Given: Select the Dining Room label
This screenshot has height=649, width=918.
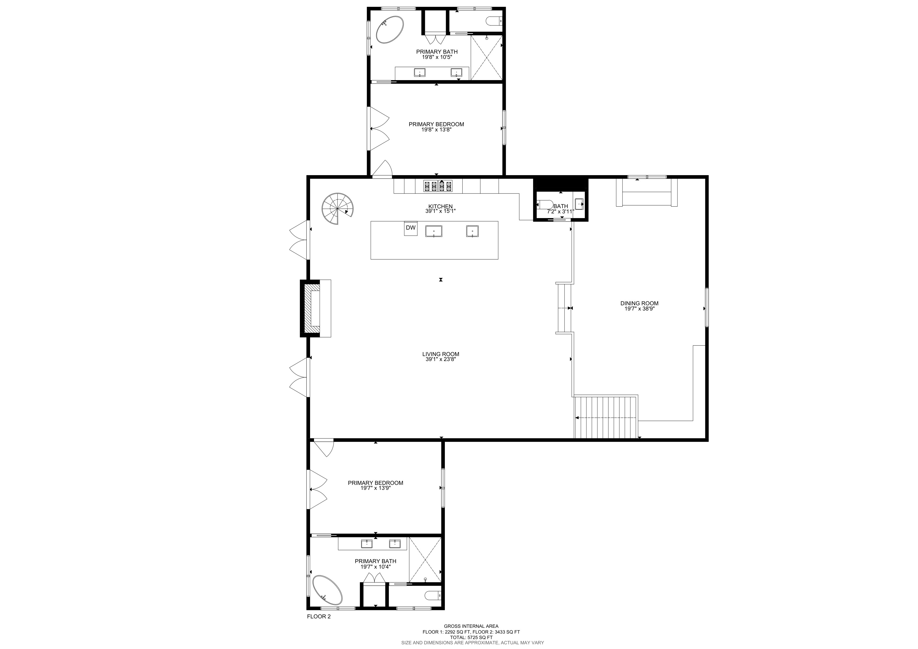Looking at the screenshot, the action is click(639, 303).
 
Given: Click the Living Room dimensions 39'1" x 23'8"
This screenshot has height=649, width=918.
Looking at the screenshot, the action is click(441, 359).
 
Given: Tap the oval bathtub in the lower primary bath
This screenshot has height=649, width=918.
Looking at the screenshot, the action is click(327, 601).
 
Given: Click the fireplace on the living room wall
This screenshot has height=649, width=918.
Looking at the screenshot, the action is click(315, 308).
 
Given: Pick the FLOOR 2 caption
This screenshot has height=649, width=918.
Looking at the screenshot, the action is click(319, 628).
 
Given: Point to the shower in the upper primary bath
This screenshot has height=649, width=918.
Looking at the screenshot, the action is click(486, 58).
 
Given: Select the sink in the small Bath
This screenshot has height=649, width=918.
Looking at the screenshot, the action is click(579, 204).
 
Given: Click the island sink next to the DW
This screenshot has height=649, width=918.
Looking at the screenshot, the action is click(434, 231).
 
